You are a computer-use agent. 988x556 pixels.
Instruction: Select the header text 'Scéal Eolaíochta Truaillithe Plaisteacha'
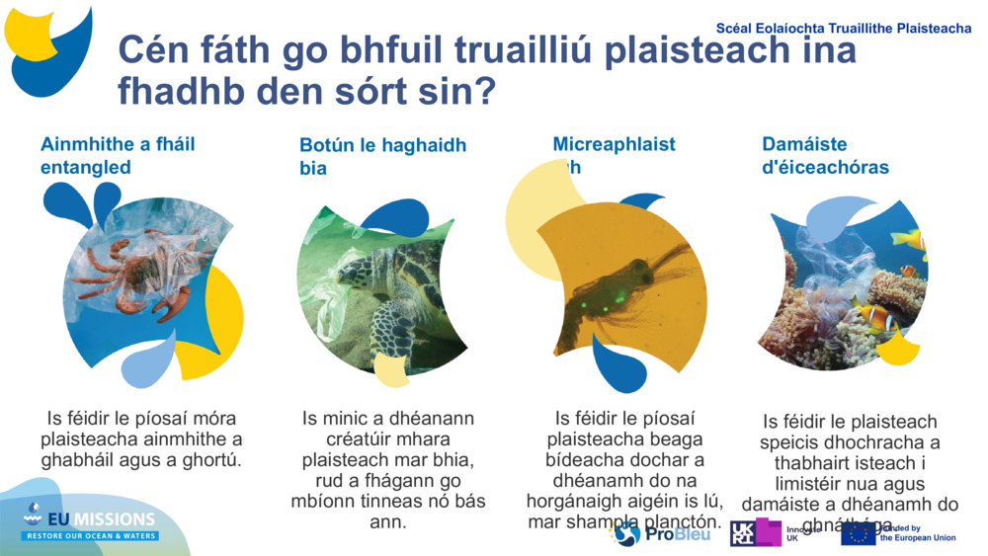pyautogui.click(x=843, y=29)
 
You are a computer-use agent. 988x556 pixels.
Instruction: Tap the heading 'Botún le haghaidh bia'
pyautogui.click(x=382, y=156)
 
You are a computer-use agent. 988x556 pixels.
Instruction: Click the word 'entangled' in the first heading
pyautogui.click(x=85, y=167)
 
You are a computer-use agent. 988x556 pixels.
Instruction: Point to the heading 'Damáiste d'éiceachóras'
pyautogui.click(x=825, y=156)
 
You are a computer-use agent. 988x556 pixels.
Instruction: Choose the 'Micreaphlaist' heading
pyautogui.click(x=614, y=144)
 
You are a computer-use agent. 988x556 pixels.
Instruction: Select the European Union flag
pyautogui.click(x=858, y=534)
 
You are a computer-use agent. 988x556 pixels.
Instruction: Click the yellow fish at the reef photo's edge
pyautogui.click(x=909, y=239)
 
